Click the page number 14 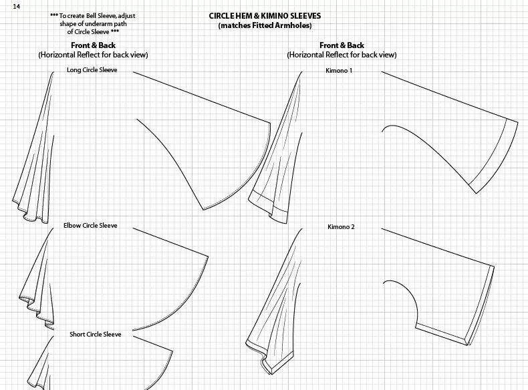[16, 6]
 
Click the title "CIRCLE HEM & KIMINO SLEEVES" [265, 15]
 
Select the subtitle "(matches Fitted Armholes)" [265, 25]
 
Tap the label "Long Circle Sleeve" [92, 70]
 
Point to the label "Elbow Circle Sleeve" [90, 226]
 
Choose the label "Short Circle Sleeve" [96, 334]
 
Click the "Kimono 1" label [339, 70]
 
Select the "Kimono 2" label [341, 227]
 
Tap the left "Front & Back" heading [93, 45]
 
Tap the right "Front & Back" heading [342, 45]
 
